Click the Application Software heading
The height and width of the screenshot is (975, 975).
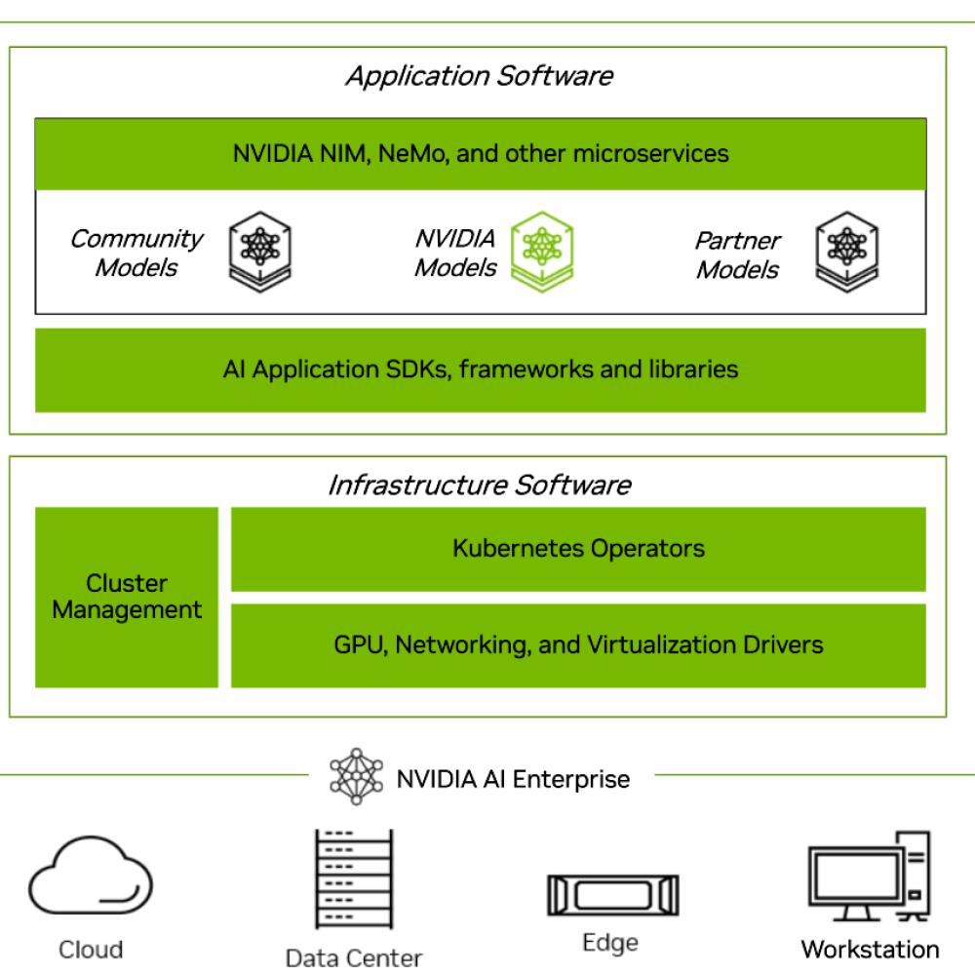tap(479, 76)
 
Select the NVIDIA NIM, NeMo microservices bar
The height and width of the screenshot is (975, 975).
tap(481, 153)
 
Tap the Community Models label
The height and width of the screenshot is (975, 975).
tap(136, 253)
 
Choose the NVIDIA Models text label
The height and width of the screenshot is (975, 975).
tap(455, 253)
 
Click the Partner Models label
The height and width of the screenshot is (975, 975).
tap(737, 254)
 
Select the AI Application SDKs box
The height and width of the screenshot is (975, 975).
tap(481, 370)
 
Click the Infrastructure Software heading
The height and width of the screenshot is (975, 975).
tap(479, 485)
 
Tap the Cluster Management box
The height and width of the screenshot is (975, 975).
tap(127, 597)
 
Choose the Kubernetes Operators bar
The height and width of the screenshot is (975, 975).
tap(578, 548)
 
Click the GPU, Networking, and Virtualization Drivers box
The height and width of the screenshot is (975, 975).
tap(578, 644)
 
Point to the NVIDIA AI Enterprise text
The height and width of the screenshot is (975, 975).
tap(513, 779)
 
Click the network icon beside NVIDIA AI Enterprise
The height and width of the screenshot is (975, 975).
tap(357, 777)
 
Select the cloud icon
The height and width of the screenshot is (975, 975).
tap(90, 875)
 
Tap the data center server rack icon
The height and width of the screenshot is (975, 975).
tap(353, 878)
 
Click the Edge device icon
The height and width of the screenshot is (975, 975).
tap(612, 894)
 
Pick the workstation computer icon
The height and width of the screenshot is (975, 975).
tap(869, 877)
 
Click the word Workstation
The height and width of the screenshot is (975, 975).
tap(870, 949)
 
